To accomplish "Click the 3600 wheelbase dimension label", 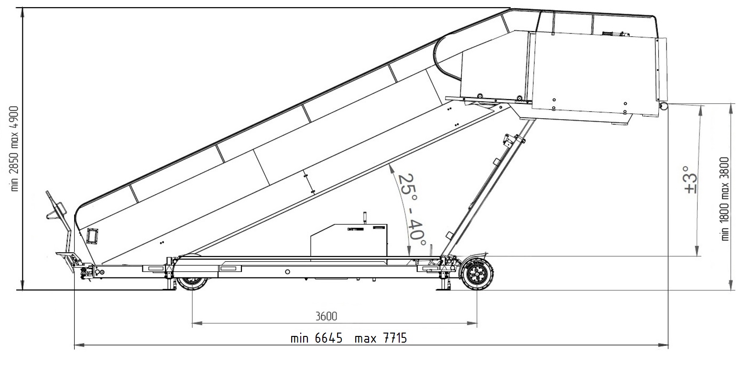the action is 326,316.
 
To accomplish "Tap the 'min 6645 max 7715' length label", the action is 349,338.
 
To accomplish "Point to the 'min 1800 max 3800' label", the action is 725,199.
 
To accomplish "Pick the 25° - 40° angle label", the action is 411,210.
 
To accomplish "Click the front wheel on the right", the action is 477,274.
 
